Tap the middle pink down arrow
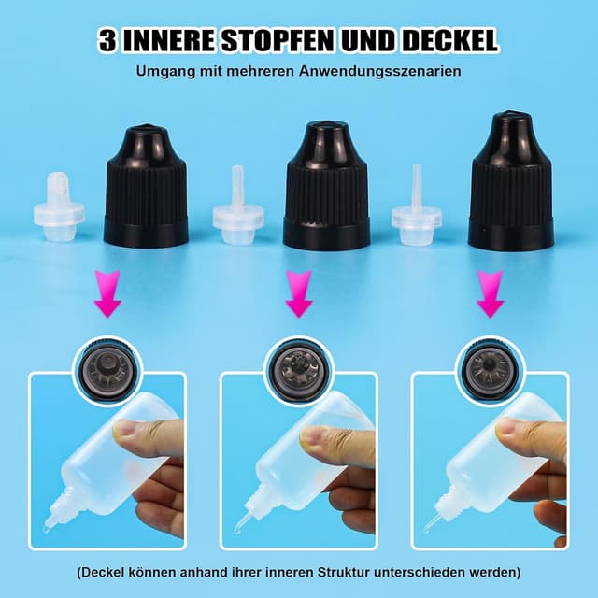tap(298, 294)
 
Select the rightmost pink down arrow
tap(490, 294)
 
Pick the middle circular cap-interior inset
tap(298, 367)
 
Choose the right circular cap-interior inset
tap(490, 367)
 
